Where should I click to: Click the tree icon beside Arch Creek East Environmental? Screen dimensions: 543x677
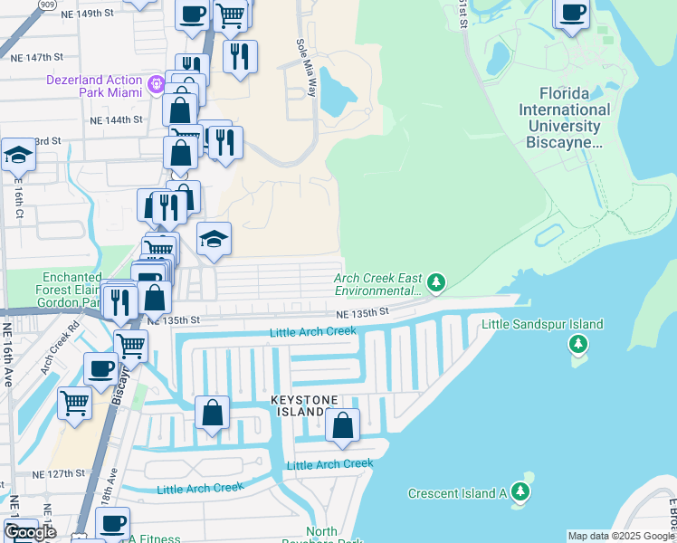tap(436, 284)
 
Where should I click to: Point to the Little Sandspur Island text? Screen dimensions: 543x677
tap(542, 324)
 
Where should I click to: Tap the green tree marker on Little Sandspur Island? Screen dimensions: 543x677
tap(577, 345)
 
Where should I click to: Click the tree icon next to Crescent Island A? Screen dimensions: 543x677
tap(520, 492)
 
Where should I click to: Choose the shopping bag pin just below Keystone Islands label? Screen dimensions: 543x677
tap(343, 424)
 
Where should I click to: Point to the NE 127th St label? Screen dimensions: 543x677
tap(63, 473)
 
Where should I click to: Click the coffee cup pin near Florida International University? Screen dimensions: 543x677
tap(572, 14)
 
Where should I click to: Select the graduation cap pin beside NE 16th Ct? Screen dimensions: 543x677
tap(18, 156)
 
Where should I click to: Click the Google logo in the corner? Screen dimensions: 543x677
tap(31, 532)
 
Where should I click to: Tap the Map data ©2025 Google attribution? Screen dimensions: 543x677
tap(621, 536)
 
